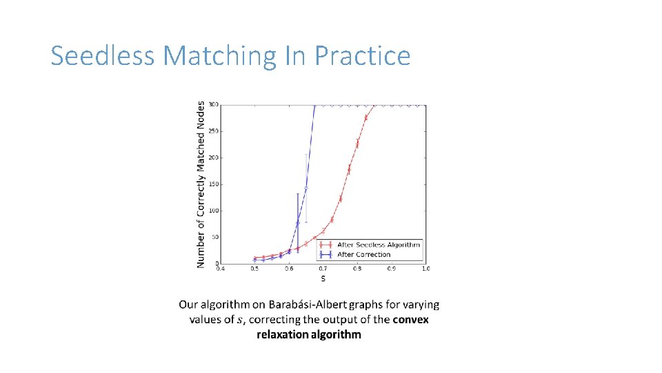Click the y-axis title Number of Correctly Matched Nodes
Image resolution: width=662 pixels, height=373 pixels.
201,184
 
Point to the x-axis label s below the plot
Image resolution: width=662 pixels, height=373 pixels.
323,278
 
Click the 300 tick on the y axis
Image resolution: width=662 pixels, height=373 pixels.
214,105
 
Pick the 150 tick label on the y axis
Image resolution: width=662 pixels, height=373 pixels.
214,184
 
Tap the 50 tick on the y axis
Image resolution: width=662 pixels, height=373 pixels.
215,238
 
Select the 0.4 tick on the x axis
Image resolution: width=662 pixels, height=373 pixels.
220,269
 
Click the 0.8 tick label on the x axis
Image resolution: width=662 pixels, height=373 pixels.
357,269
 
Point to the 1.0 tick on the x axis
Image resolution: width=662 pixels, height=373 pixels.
425,269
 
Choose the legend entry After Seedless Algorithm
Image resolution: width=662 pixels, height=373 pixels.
378,245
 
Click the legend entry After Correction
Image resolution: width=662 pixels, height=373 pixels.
363,254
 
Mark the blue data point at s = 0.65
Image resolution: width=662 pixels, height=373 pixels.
306,188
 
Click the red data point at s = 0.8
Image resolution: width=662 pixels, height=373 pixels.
357,144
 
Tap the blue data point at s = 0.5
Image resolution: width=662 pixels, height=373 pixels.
255,260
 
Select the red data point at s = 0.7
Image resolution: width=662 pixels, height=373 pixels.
323,230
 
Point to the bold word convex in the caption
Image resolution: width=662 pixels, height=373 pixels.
411,319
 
